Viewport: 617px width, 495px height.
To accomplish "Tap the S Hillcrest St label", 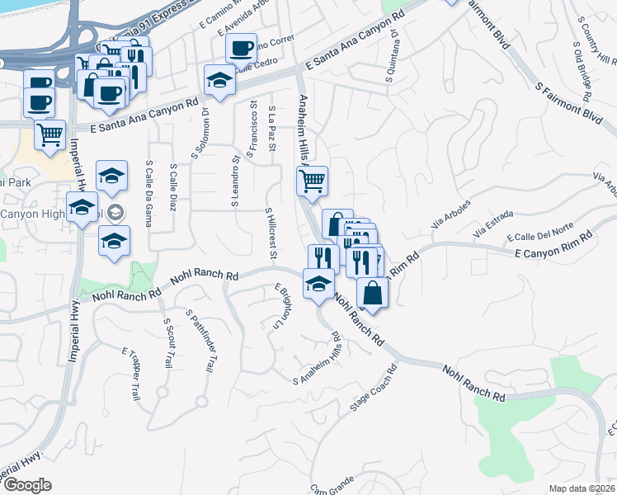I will [271, 232].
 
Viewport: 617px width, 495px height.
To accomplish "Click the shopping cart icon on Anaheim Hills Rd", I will [313, 181].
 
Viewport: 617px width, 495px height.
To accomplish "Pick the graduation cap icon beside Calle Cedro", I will [219, 80].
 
